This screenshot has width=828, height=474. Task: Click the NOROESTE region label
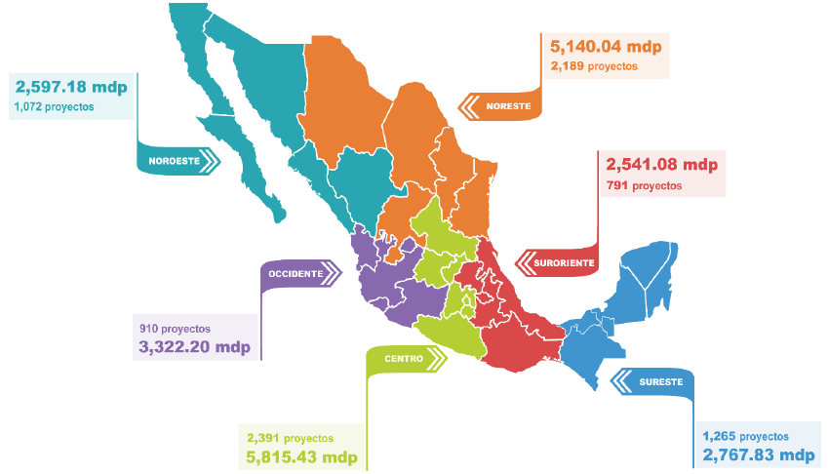(x=175, y=161)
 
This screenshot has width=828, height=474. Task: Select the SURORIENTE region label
(x=563, y=261)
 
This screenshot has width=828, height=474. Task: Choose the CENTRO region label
(x=403, y=360)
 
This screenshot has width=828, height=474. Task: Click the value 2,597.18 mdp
(x=71, y=87)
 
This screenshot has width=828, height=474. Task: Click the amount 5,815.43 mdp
(x=301, y=457)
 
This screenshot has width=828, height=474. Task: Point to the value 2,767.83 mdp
(x=758, y=455)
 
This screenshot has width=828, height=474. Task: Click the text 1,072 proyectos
(x=55, y=106)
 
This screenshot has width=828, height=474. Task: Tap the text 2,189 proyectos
(x=594, y=67)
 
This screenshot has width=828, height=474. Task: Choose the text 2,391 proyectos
(x=290, y=438)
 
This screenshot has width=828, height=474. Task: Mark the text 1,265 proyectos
(x=745, y=436)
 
